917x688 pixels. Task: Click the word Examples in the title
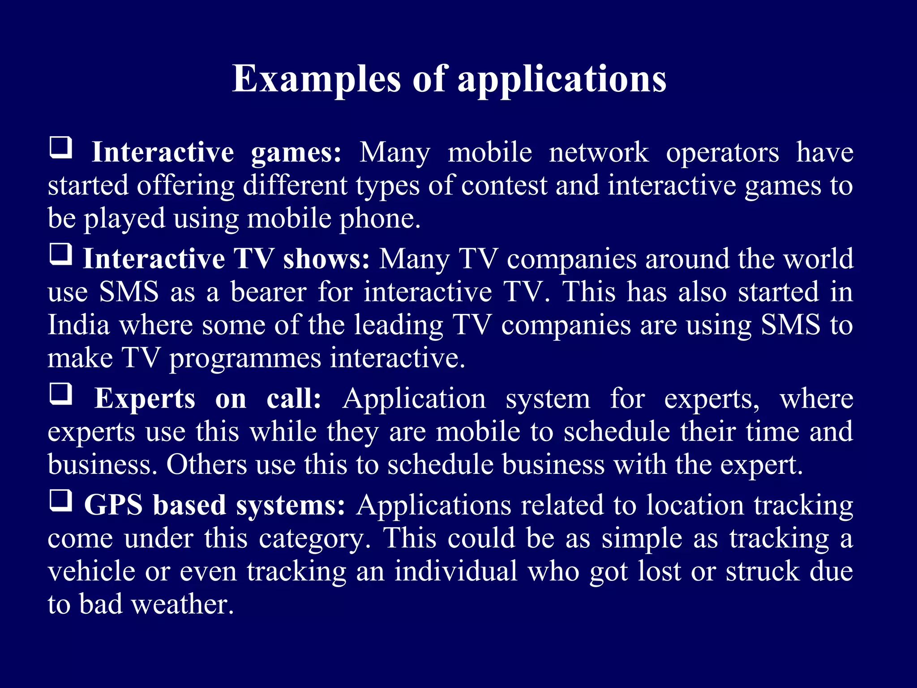pos(316,79)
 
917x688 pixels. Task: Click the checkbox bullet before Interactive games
pos(60,148)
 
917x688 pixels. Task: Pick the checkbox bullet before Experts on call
pos(60,394)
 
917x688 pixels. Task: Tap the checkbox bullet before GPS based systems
pos(60,500)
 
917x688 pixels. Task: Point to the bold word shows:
pos(326,259)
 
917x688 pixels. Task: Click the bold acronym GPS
pos(113,506)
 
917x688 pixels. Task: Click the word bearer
pos(268,292)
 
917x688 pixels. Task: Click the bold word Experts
pos(145,399)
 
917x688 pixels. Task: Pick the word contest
pos(504,186)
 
